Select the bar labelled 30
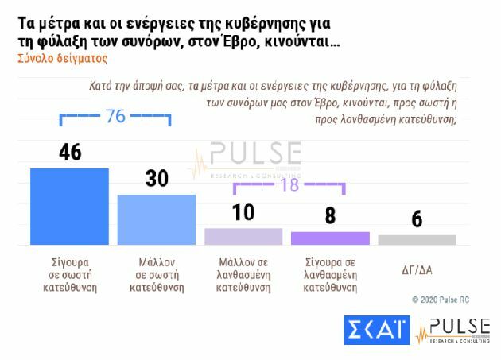pos(156,219)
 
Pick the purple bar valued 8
pos(330,238)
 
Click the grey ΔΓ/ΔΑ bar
pos(417,239)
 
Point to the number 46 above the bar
pos(69,152)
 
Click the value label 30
pos(156,179)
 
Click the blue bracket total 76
pos(116,117)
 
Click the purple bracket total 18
pos(289,184)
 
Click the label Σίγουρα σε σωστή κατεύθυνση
pos(68,274)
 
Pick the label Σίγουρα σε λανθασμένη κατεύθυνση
pos(330,274)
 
